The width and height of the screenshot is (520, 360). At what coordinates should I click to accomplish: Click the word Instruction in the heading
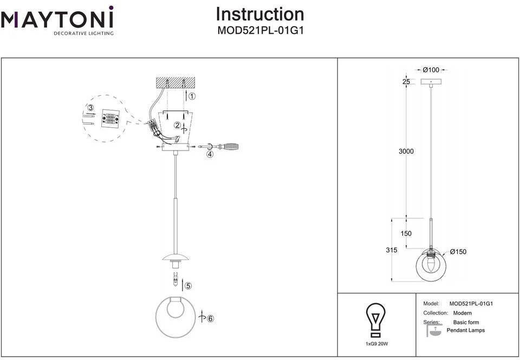260,14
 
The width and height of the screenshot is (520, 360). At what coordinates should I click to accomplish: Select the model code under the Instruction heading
261,30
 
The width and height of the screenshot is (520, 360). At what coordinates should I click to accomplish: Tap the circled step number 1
192,96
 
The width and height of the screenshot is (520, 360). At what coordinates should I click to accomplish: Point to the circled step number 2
178,125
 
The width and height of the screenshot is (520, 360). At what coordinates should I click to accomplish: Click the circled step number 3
90,108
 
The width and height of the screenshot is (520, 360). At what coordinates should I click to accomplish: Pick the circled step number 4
210,154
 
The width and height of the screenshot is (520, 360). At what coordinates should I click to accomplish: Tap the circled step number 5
188,286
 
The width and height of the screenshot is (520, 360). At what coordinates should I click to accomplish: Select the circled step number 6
210,318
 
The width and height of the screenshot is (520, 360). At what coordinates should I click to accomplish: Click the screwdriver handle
231,147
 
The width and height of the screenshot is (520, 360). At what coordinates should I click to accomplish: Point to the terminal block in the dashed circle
110,117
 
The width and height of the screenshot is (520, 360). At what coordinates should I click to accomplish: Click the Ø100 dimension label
431,70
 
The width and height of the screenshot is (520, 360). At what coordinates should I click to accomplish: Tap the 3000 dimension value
406,152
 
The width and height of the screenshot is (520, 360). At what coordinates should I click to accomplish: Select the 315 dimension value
391,250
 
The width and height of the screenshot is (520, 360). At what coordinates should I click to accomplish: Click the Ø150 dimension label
458,252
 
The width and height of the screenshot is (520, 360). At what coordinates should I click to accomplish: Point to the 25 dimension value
406,82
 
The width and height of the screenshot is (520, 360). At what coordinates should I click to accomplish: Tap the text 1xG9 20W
377,344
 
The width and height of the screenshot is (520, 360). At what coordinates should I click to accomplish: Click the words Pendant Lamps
466,330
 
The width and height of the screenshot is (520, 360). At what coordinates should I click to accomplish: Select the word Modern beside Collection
462,313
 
